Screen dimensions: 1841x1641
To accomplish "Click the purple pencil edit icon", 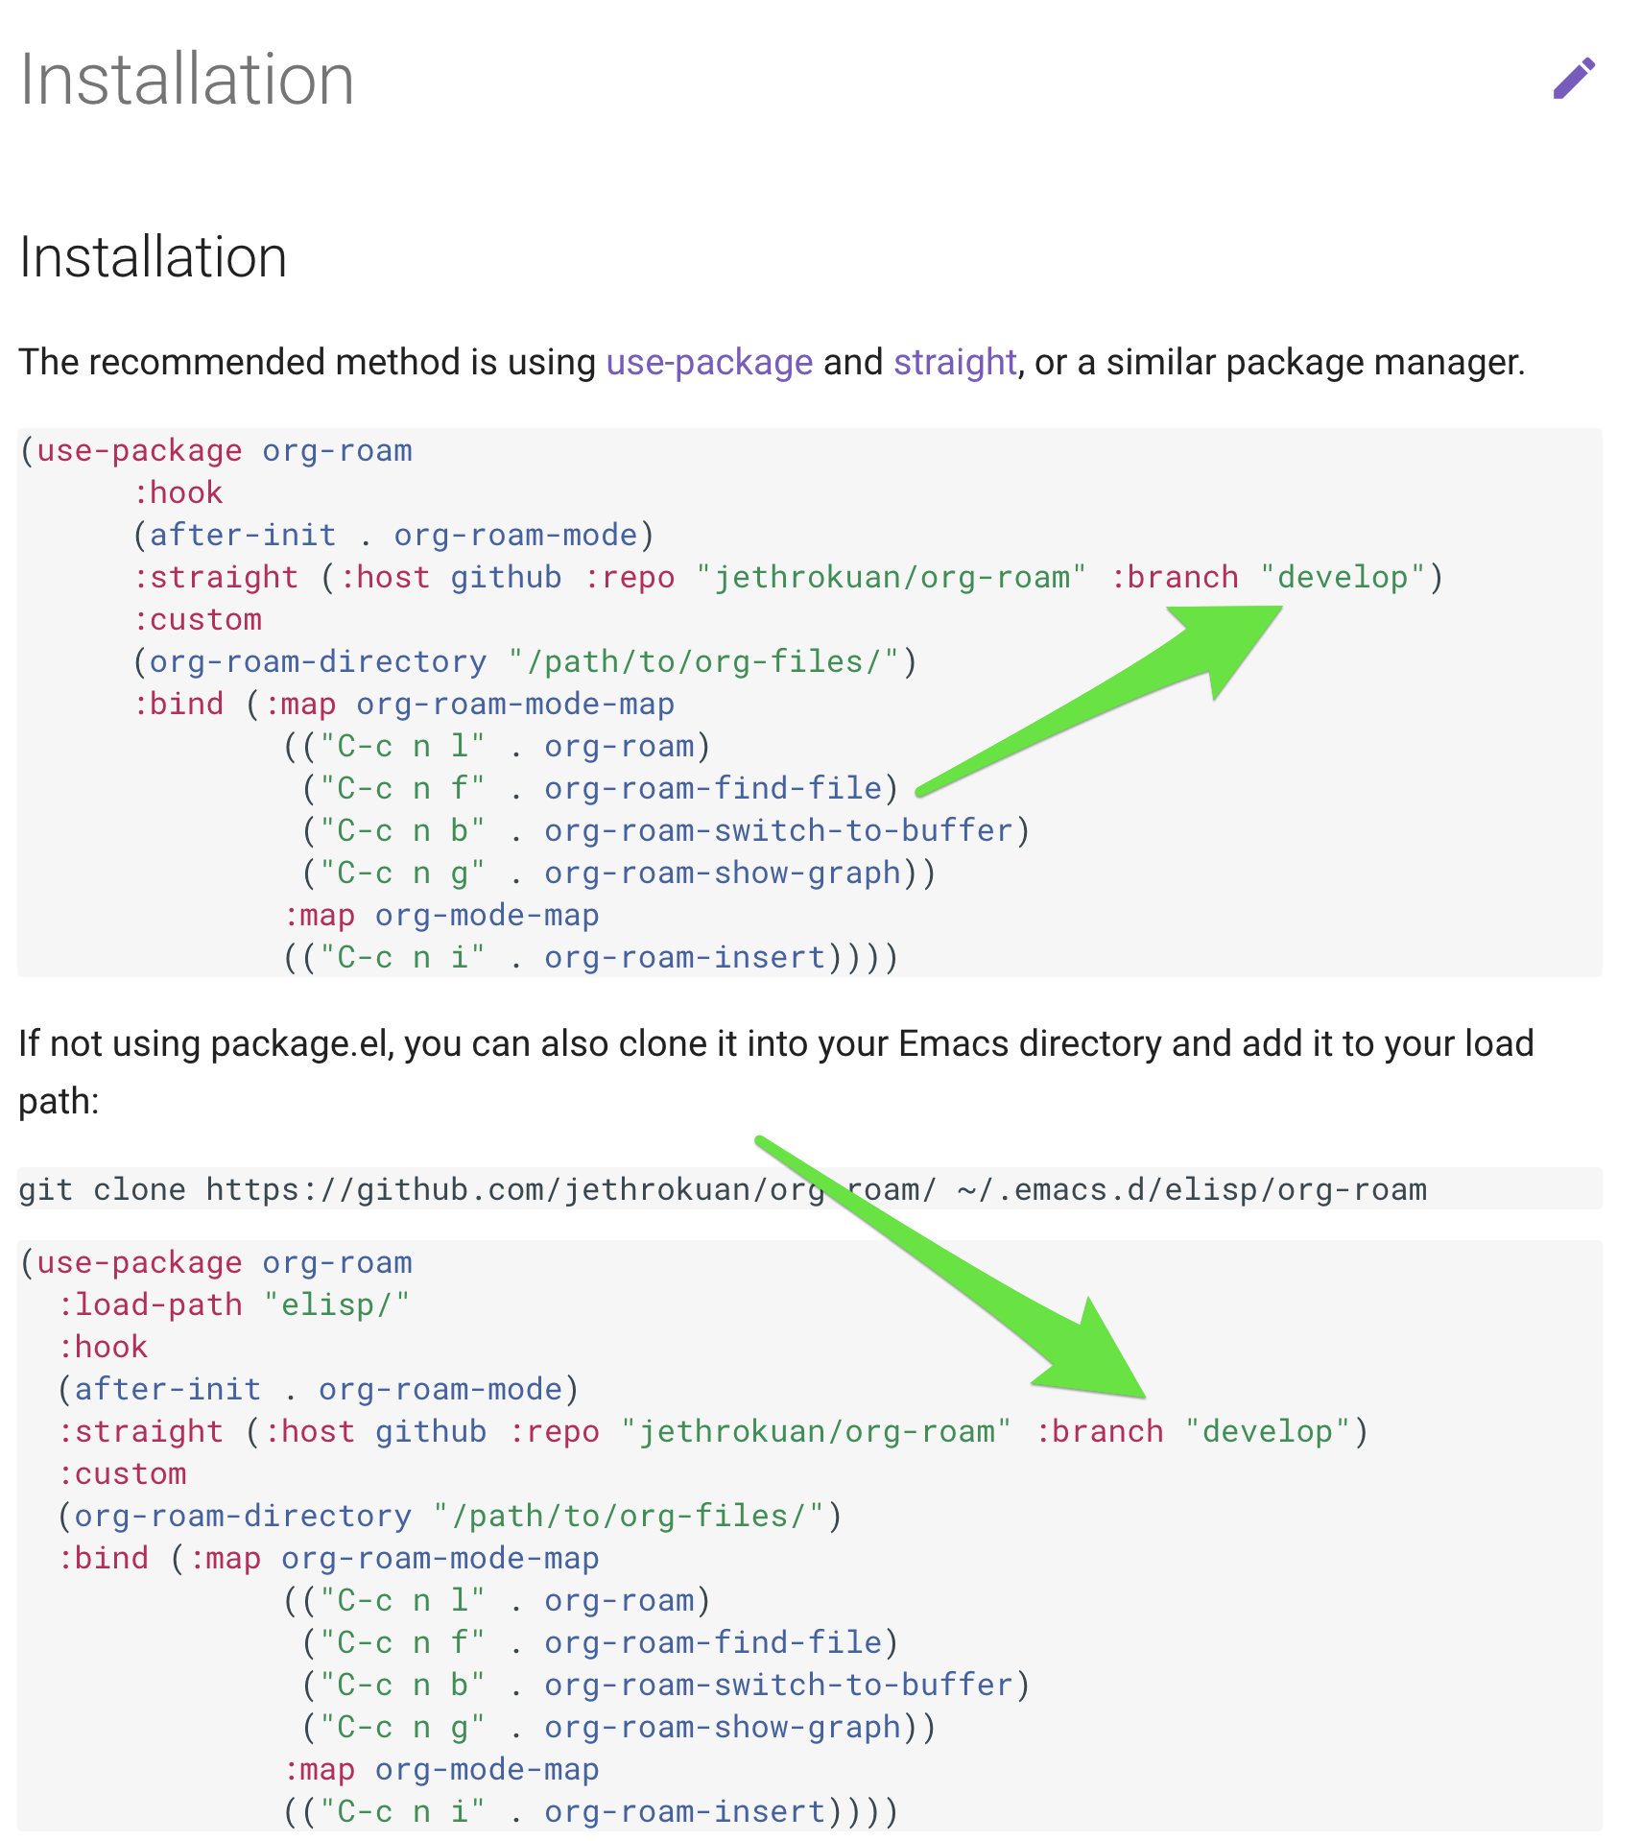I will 1574,79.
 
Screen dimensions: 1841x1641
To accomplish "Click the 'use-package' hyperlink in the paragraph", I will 709,363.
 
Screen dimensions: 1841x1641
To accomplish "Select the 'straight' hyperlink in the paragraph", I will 954,363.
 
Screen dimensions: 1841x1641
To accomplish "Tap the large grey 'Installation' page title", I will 187,80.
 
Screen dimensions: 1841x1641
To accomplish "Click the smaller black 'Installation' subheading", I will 154,257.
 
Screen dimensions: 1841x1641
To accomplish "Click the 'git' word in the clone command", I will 45,1190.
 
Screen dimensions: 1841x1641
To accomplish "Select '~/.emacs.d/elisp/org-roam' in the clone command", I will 1191,1190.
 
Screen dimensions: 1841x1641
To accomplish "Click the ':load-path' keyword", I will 150,1305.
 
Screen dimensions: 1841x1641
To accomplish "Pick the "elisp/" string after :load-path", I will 336,1305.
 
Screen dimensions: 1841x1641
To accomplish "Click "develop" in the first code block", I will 1343,578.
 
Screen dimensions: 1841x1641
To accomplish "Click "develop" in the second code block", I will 1268,1432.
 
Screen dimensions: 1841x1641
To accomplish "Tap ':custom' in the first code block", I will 197,620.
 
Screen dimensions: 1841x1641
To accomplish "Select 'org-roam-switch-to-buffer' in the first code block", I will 778,831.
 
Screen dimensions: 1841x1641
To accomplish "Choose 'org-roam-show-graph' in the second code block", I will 723,1728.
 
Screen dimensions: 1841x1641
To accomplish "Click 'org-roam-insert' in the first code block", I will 684,958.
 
